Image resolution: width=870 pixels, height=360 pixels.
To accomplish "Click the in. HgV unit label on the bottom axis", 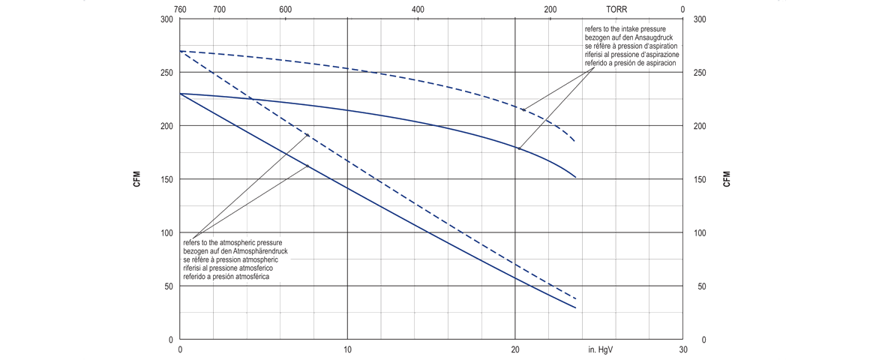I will click(602, 349).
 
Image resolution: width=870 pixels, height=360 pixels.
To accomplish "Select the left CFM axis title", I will click(136, 179).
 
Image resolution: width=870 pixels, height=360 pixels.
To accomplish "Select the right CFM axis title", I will click(726, 179).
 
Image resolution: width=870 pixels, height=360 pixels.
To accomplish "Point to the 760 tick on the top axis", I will click(180, 10).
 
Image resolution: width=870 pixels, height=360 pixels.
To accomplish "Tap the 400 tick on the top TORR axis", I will click(418, 10).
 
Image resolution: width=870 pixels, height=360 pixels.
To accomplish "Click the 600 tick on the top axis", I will click(285, 10).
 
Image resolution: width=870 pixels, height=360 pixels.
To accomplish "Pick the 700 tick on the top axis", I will click(219, 10).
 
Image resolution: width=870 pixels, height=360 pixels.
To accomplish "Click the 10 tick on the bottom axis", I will click(347, 349).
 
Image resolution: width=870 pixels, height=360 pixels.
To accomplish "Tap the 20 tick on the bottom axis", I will click(515, 349).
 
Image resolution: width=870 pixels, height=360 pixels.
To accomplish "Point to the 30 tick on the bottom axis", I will click(682, 349).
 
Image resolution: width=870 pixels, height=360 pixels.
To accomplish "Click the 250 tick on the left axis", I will click(166, 73).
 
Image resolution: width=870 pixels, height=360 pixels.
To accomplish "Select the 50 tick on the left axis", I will click(169, 286).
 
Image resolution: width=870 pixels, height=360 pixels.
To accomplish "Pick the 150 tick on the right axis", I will click(700, 179).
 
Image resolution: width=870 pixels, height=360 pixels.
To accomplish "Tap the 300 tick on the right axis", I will click(700, 19).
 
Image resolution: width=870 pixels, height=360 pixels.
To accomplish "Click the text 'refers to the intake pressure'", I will click(626, 29).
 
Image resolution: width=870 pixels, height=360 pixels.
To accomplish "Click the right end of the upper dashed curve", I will click(574, 141).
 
